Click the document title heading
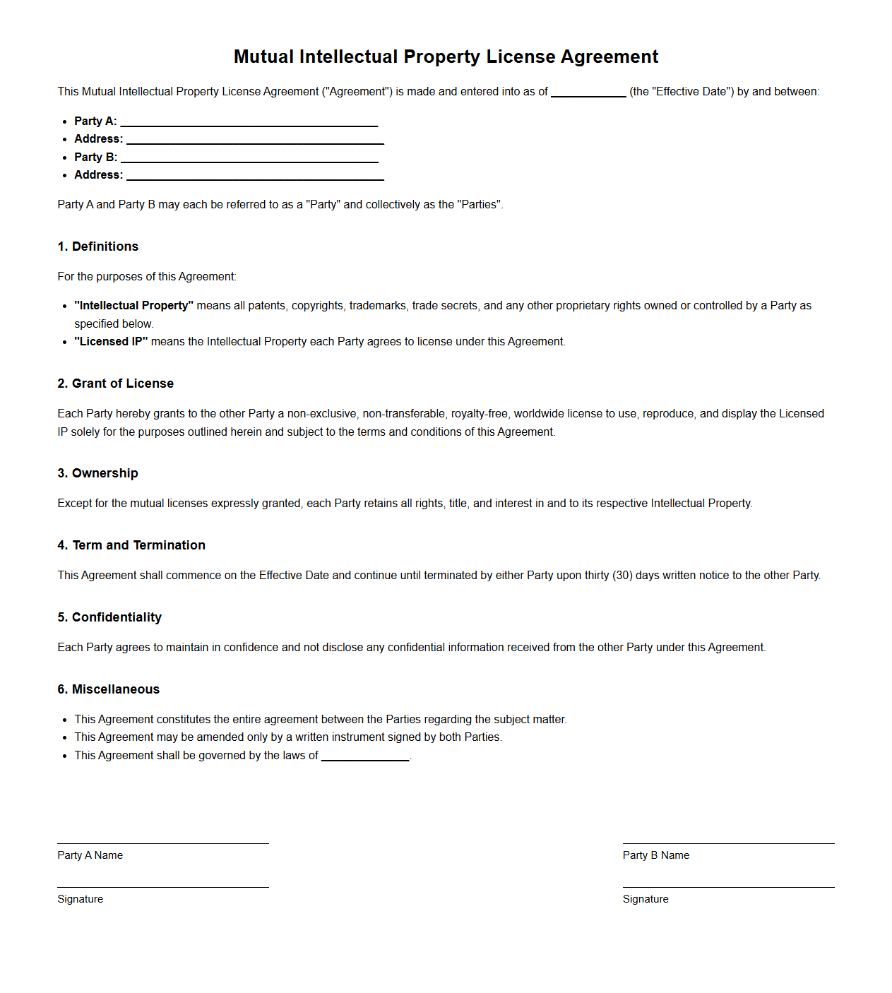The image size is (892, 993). coord(446,57)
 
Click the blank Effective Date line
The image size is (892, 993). coord(588,93)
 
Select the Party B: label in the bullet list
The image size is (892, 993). coord(95,157)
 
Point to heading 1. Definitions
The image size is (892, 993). coord(97,246)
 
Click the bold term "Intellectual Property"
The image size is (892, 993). coord(133,305)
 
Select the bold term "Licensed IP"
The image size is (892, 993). coord(111,341)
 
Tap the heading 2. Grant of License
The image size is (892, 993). coord(115,383)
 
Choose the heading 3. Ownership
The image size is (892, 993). coord(97,473)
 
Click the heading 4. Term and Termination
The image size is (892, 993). coord(131,545)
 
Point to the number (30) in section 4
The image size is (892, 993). coord(622,575)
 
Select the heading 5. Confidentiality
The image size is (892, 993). coord(109,617)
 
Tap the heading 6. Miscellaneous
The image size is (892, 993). coord(108,689)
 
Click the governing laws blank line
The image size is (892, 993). coord(365,758)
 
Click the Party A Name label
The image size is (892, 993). coord(90,855)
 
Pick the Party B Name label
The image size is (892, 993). coord(655,855)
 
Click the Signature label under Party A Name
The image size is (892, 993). coord(80,899)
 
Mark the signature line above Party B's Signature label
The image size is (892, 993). coord(728,887)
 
